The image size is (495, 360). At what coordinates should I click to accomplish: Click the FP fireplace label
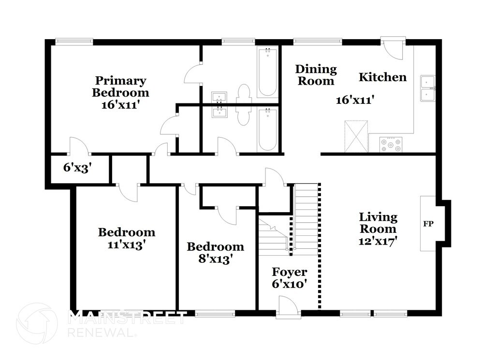click(x=428, y=224)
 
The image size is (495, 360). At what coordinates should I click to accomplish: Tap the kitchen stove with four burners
click(x=391, y=144)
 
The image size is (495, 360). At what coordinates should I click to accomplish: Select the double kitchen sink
click(x=427, y=88)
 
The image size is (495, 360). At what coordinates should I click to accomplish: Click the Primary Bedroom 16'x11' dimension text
click(x=120, y=105)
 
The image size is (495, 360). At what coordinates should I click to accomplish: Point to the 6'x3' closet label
click(x=77, y=168)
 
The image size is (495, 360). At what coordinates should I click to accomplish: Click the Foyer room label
click(x=289, y=272)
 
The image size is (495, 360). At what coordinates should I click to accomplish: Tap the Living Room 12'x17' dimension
click(x=378, y=241)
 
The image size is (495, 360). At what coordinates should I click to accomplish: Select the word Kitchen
click(x=383, y=77)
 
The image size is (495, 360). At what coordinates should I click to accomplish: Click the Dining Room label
click(x=316, y=75)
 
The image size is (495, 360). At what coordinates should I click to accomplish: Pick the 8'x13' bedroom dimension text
click(x=216, y=259)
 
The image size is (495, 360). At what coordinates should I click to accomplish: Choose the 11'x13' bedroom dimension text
click(x=127, y=245)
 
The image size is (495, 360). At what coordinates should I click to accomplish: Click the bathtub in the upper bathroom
click(x=267, y=72)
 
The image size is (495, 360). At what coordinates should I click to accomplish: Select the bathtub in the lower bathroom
click(x=267, y=130)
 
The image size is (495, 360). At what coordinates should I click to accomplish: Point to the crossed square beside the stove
click(x=356, y=136)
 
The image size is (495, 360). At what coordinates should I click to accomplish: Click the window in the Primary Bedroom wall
click(x=74, y=41)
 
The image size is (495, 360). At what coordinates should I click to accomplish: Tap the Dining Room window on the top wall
click(x=318, y=41)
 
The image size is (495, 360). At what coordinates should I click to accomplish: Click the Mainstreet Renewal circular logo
click(x=37, y=323)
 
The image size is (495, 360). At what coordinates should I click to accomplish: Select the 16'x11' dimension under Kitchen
click(x=355, y=100)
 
